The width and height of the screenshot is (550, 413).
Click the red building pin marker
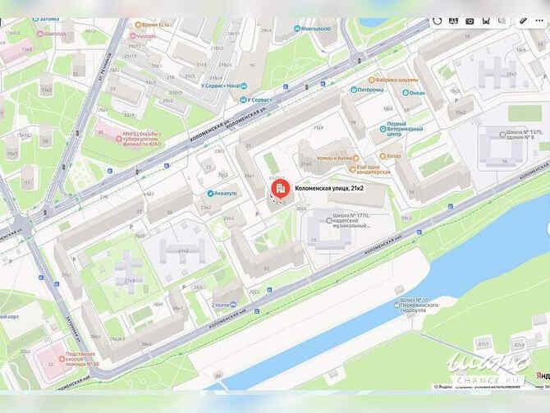[x=279, y=190]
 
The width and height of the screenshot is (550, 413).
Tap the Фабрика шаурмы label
[x=398, y=80]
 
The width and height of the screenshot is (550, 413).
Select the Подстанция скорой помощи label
[x=81, y=359]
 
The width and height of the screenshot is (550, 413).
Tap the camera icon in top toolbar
[x=470, y=21]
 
